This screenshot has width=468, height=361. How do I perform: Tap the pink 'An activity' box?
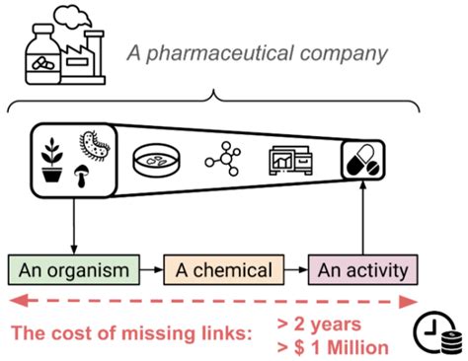(362, 269)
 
